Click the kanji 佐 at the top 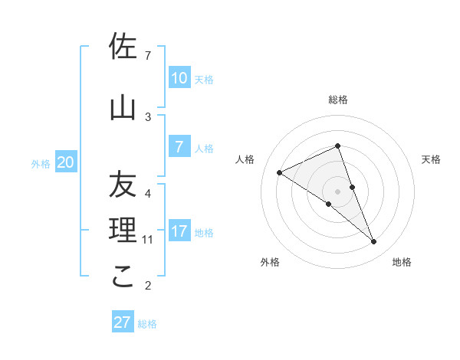point(123,47)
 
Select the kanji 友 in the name point(123,185)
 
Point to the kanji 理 point(123,230)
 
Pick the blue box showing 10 point(179,78)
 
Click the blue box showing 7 point(179,147)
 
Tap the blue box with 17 point(179,231)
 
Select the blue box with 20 point(66,162)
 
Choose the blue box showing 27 point(123,322)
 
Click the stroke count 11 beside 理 point(148,240)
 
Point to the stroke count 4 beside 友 point(148,193)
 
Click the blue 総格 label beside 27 point(147,324)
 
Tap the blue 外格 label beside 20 point(41,164)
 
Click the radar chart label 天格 point(431,159)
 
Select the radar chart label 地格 point(402,262)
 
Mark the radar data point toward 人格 point(280,172)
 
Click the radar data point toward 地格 point(374,242)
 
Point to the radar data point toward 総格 point(337,146)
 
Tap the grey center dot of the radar point(337,191)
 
